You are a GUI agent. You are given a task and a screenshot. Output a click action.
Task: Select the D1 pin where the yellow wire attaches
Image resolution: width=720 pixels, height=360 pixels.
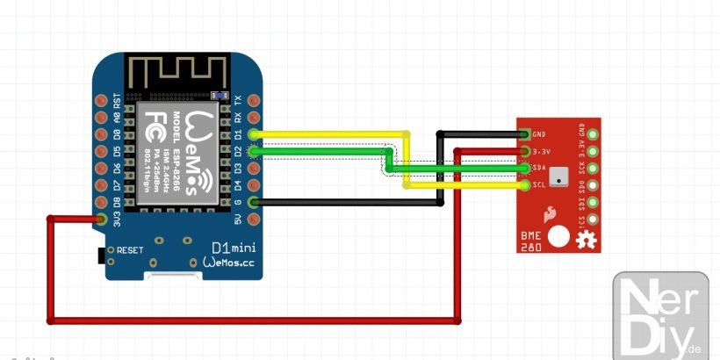[x=255, y=134]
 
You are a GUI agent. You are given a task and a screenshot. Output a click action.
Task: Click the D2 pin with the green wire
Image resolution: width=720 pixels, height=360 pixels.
[x=255, y=151]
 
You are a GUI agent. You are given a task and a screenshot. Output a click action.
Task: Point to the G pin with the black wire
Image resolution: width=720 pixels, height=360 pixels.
[x=255, y=203]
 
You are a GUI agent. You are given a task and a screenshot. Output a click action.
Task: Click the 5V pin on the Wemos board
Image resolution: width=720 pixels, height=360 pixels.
[x=255, y=220]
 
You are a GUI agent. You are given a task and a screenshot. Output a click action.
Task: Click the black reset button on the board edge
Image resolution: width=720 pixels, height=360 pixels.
[x=99, y=255]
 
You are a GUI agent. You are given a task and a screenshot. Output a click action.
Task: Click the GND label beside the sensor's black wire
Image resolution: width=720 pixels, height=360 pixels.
[x=540, y=134]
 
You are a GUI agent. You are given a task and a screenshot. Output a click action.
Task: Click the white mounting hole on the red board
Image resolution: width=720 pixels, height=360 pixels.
[x=558, y=235]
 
